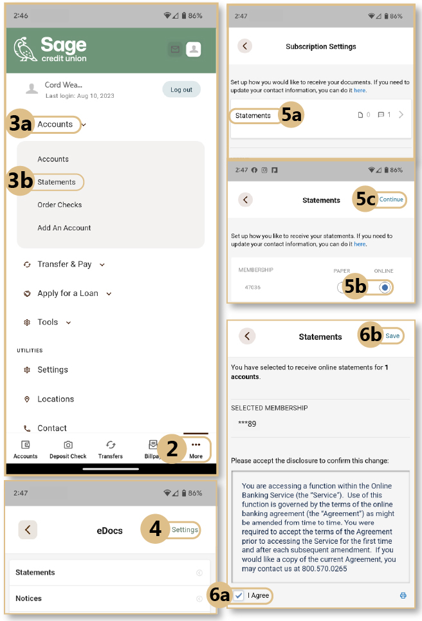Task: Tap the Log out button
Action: coord(181,89)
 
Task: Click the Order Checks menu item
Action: coord(59,205)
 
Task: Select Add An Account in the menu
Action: coord(64,228)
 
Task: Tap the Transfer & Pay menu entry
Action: coord(64,264)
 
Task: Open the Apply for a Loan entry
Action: coord(68,293)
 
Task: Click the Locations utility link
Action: coord(55,399)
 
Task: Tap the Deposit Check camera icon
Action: coord(68,445)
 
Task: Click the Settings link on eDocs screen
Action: coord(185,530)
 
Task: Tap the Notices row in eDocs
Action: coord(28,598)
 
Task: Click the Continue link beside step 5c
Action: coord(391,199)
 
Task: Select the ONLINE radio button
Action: coord(384,288)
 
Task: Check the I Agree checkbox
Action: coord(239,595)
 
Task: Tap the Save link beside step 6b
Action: coord(392,336)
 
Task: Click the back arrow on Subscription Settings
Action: coord(244,46)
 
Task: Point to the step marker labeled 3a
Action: coord(20,124)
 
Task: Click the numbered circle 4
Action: coord(155,530)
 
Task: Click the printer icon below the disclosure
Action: coord(403,596)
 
